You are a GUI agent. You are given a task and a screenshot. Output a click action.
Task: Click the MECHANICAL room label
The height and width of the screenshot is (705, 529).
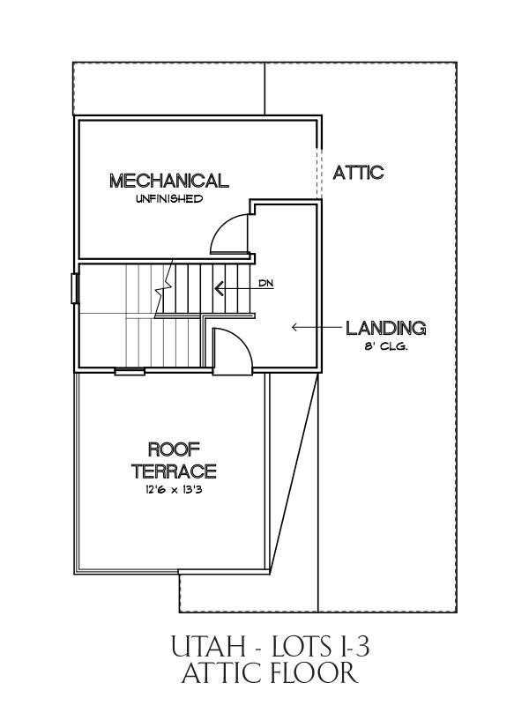pyautogui.click(x=169, y=181)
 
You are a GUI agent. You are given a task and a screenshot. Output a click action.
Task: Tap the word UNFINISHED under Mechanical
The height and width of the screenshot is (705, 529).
pyautogui.click(x=169, y=199)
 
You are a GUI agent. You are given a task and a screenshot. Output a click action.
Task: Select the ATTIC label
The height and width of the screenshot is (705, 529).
pyautogui.click(x=358, y=172)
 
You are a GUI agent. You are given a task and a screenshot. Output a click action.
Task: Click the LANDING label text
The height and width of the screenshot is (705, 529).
pyautogui.click(x=386, y=328)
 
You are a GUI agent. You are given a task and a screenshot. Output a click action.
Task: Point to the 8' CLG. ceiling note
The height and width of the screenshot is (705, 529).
pyautogui.click(x=386, y=347)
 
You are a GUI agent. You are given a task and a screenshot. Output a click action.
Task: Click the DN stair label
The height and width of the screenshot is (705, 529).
pyautogui.click(x=266, y=283)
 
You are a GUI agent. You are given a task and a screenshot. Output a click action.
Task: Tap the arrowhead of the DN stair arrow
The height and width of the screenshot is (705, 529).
pyautogui.click(x=220, y=288)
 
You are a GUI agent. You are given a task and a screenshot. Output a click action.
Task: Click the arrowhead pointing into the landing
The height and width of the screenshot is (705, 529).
pyautogui.click(x=294, y=327)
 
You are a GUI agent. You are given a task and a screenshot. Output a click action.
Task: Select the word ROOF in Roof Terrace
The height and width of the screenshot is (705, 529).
pyautogui.click(x=174, y=449)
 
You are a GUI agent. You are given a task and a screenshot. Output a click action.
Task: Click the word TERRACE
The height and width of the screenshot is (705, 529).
pyautogui.click(x=174, y=471)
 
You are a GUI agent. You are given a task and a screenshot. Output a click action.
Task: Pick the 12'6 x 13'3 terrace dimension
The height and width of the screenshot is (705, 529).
pyautogui.click(x=174, y=490)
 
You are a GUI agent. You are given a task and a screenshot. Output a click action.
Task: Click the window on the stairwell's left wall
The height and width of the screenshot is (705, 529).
pyautogui.click(x=75, y=289)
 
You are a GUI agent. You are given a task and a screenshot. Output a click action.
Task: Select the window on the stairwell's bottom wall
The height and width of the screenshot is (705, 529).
pyautogui.click(x=130, y=371)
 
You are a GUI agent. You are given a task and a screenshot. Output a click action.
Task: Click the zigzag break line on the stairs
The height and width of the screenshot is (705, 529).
pyautogui.click(x=164, y=288)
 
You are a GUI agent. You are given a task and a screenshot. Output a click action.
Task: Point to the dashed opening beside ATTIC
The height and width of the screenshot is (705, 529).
pyautogui.click(x=319, y=173)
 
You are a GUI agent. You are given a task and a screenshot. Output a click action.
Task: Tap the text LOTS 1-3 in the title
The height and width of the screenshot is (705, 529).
pyautogui.click(x=319, y=648)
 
